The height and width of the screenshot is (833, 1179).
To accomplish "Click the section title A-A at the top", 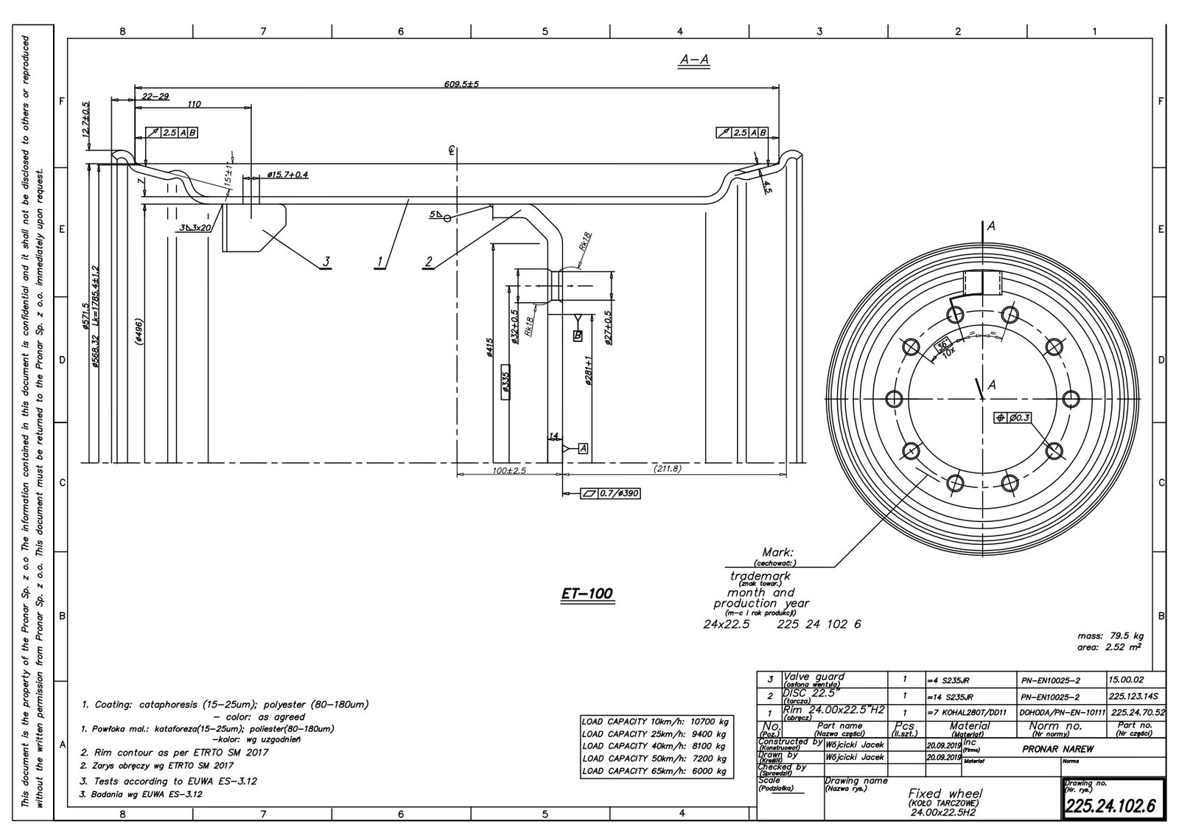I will click(693, 60).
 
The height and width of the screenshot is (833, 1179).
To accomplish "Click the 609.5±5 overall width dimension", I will click(461, 84).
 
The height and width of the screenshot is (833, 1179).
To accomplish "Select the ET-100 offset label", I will click(587, 593).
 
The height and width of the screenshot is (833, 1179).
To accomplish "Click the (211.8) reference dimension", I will click(667, 469).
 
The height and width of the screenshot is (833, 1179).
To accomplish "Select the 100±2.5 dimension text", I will click(509, 470).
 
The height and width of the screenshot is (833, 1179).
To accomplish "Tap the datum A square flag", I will click(583, 448).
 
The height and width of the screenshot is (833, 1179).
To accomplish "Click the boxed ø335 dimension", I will click(505, 381).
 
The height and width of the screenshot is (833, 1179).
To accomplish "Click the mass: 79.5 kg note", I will click(1110, 635).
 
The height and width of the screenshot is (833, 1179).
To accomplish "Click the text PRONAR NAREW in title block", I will click(1057, 749).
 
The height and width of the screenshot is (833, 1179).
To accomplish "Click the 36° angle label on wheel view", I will click(941, 345).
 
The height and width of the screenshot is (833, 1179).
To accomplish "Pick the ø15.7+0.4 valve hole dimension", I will click(287, 175).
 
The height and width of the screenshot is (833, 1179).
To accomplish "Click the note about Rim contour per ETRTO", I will click(175, 753).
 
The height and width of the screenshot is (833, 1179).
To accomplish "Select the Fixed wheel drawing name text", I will click(944, 793).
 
